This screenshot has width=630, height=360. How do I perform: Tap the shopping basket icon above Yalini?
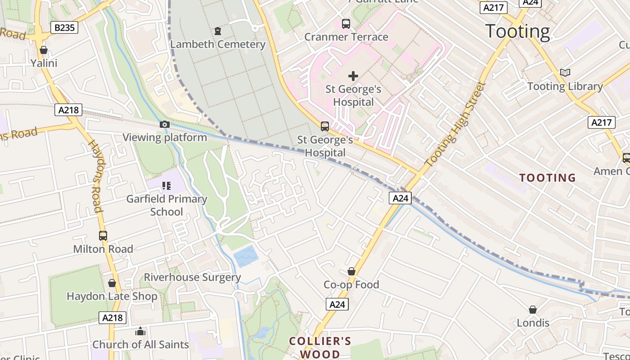(44, 49)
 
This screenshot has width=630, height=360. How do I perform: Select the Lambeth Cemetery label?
(218, 44)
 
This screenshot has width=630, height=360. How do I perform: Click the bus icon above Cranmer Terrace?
(346, 24)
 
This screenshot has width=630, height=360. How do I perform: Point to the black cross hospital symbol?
(353, 76)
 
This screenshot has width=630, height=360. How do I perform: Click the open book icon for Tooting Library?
(565, 72)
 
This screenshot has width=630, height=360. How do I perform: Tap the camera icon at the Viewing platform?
(165, 124)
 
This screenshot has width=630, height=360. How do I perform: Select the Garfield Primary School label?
(166, 205)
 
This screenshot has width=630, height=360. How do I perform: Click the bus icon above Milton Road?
(103, 235)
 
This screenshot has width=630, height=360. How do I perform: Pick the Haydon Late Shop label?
(112, 296)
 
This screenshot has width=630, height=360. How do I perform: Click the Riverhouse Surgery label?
(192, 277)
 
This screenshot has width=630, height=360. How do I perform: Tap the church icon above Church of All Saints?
(140, 332)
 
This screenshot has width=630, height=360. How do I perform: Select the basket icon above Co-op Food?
(351, 271)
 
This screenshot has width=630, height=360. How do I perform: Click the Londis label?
(533, 323)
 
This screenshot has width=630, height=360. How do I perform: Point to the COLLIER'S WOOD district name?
(320, 347)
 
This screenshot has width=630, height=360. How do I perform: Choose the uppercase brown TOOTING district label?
(548, 178)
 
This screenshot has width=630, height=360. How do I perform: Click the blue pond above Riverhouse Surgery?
(246, 256)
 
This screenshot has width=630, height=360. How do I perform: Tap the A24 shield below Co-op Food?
(337, 304)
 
